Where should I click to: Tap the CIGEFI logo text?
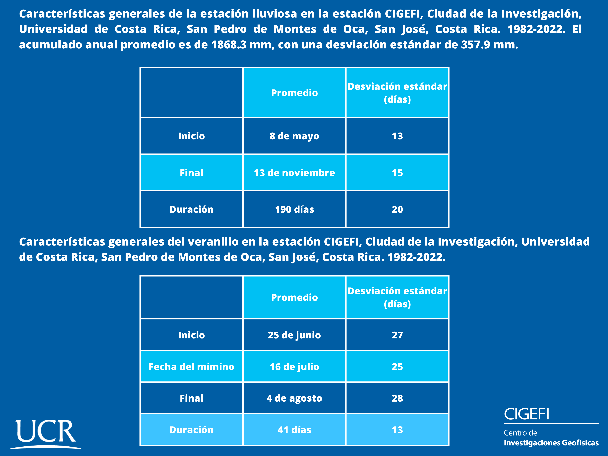pyautogui.click(x=526, y=414)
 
